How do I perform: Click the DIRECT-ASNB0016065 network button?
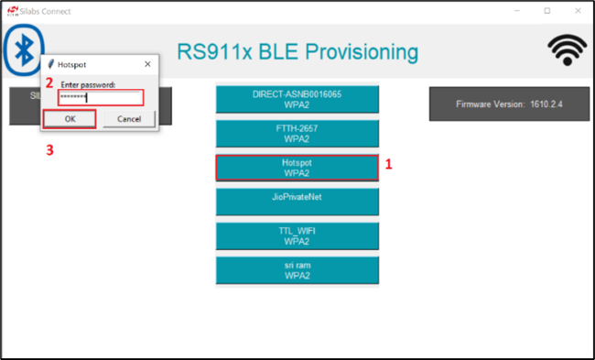coord(297,99)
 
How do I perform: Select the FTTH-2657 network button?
coord(297,134)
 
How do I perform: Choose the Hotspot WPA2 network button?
coord(297,168)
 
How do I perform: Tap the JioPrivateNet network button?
coord(297,202)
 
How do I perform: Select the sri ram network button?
coord(297,269)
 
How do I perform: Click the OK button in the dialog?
coord(70,119)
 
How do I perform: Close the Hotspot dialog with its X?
coord(147,65)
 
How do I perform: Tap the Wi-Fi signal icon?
coord(567,51)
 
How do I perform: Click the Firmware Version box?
coord(510,104)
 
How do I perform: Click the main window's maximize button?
coord(547,11)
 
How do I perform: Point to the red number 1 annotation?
coord(388,166)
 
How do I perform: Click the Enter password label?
coord(87,84)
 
